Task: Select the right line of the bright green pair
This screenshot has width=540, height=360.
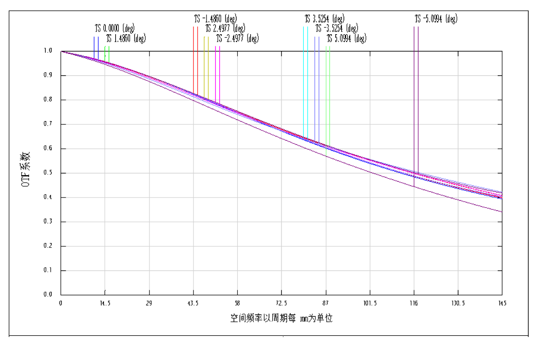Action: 109,53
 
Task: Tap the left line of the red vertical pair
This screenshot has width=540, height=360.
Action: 193,58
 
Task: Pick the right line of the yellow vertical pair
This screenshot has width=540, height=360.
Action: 208,67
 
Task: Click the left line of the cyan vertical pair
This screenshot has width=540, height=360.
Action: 303,81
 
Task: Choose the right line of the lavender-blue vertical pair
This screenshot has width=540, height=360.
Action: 319,90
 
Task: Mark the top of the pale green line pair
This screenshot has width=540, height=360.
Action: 328,46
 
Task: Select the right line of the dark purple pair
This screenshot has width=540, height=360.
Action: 418,99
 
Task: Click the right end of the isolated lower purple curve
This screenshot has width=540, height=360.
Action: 502,212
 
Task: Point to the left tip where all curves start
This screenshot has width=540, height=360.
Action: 61,51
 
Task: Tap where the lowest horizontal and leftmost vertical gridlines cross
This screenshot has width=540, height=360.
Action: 105,270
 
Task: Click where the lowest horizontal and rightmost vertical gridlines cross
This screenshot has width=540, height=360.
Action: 458,270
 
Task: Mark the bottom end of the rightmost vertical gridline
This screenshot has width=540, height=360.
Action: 458,290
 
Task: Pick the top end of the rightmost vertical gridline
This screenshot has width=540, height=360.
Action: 458,57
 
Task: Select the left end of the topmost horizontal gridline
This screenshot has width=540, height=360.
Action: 67,76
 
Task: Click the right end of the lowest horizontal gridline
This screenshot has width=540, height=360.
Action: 498,270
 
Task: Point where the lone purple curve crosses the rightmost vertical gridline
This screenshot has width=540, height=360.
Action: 458,199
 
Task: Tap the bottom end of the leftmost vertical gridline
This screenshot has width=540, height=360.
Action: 105,290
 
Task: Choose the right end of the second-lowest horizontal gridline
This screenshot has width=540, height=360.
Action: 498,246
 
